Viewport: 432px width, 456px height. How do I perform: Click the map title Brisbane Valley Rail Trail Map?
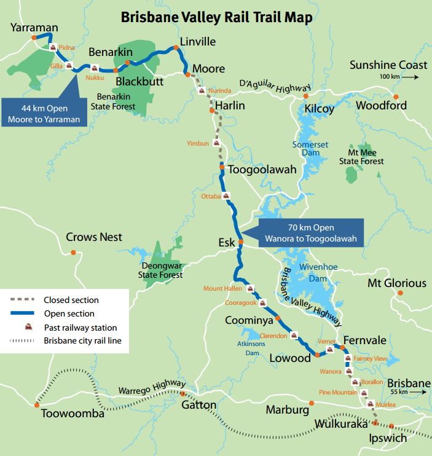click(x=216, y=17)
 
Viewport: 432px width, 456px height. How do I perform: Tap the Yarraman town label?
click(x=34, y=27)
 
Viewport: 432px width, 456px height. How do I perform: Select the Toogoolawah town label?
click(x=262, y=169)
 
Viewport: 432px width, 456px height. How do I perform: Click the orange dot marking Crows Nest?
click(x=73, y=252)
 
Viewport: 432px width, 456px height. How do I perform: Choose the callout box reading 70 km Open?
click(x=311, y=233)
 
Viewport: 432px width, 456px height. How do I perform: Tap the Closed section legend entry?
click(x=71, y=300)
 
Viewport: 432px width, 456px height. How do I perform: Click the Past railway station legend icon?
click(x=28, y=328)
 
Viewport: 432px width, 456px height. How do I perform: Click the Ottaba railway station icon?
click(x=227, y=196)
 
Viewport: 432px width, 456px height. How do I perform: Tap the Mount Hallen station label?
click(x=224, y=289)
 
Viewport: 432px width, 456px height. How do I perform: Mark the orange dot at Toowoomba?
click(x=37, y=404)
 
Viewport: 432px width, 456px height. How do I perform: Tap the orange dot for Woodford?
click(x=396, y=96)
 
